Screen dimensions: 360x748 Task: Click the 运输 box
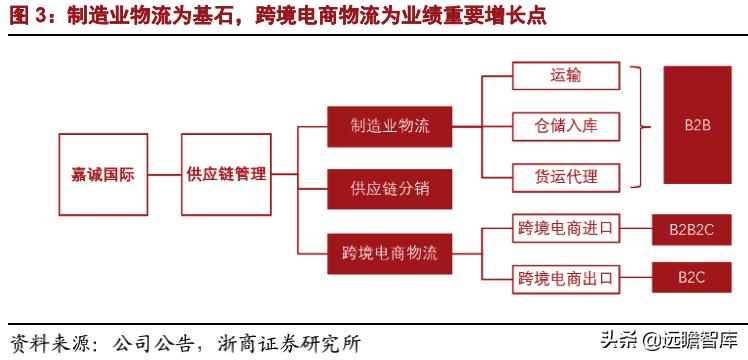pos(565,77)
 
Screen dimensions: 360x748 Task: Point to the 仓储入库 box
pos(566,127)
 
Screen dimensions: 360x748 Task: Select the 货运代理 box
pos(566,177)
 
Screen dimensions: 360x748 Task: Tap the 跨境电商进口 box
pos(565,230)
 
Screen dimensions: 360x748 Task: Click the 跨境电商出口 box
pos(565,276)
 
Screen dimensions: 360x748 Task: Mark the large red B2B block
pos(698,127)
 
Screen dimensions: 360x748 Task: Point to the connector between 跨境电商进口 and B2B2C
pos(635,230)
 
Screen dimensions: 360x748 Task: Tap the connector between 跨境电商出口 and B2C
pos(635,276)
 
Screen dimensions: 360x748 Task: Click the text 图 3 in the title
pos(26,18)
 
